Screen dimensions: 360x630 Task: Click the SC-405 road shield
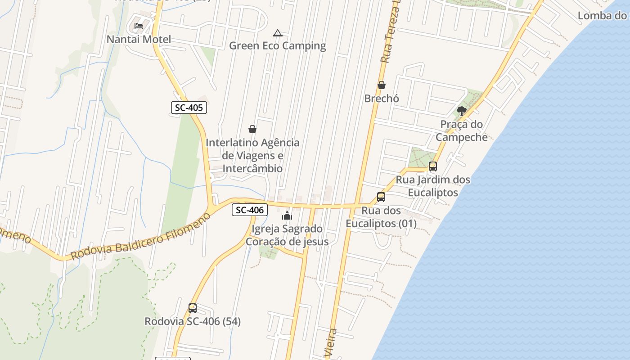click(x=189, y=108)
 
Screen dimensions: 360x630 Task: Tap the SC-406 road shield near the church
click(x=250, y=210)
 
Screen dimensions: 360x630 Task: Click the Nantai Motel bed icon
click(x=139, y=26)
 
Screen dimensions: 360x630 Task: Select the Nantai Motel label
click(x=139, y=39)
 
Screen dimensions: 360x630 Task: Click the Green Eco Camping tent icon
click(x=278, y=33)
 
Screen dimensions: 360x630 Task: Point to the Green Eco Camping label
click(x=278, y=45)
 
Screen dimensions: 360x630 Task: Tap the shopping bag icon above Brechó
click(x=382, y=85)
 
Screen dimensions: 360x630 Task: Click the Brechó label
click(x=382, y=98)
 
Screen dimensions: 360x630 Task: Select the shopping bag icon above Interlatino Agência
click(x=252, y=129)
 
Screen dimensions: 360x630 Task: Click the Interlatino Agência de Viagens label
click(x=252, y=155)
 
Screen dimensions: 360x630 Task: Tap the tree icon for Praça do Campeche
click(x=461, y=111)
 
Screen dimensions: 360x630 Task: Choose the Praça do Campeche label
click(x=461, y=130)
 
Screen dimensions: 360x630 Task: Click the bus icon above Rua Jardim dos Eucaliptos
click(x=433, y=166)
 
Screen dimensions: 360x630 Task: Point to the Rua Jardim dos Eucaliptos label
click(x=433, y=186)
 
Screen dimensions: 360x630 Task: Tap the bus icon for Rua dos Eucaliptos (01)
click(x=381, y=197)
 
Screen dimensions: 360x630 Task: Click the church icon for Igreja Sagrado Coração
click(x=287, y=216)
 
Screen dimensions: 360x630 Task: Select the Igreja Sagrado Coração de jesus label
click(x=287, y=235)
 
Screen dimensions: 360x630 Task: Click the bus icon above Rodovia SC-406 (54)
click(x=193, y=308)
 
